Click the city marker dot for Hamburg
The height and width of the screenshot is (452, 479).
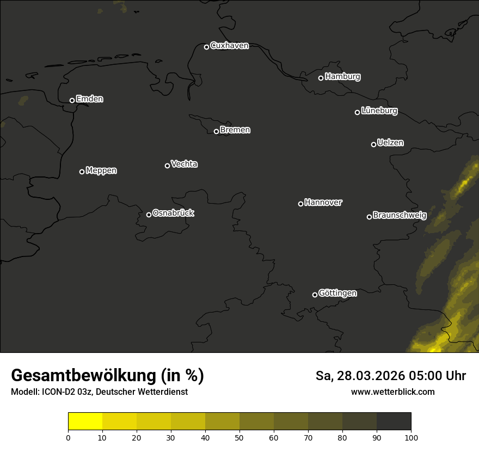click(x=321, y=78)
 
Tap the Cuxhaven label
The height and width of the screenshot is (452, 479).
click(x=229, y=46)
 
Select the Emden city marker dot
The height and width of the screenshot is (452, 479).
click(x=72, y=100)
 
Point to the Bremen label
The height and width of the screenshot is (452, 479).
click(x=235, y=130)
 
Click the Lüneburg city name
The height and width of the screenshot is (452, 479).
click(x=379, y=111)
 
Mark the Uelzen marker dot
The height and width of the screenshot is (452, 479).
click(x=373, y=144)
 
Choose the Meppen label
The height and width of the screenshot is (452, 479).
click(x=101, y=170)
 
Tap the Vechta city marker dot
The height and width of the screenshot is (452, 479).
click(x=167, y=166)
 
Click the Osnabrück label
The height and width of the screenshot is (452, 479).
click(x=173, y=213)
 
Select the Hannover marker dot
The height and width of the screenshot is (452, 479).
click(x=300, y=204)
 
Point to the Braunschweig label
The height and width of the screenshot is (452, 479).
click(x=400, y=215)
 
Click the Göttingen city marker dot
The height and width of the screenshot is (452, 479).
click(x=315, y=295)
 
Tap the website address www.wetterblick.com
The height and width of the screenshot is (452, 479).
click(x=393, y=392)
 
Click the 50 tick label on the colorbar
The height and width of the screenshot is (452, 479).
click(x=239, y=437)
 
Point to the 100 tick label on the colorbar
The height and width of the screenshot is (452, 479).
click(x=411, y=437)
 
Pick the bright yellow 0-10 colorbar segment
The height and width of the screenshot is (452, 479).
click(x=85, y=422)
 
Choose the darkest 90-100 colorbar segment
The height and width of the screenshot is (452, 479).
click(x=394, y=422)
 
